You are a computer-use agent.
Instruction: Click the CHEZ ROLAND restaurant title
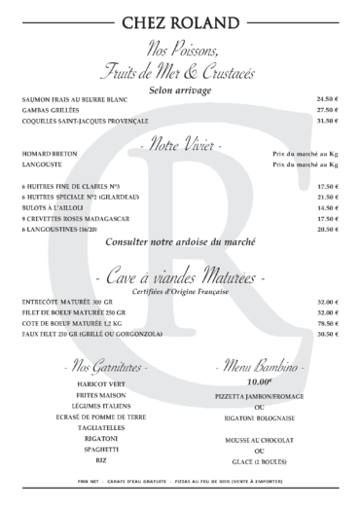(180, 21)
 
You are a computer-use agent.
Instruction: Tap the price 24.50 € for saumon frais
(327, 99)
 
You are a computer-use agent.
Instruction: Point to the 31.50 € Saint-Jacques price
(327, 121)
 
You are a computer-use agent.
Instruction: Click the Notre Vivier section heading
(180, 144)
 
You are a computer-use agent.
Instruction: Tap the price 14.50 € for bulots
(327, 207)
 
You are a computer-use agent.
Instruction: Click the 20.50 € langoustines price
(327, 229)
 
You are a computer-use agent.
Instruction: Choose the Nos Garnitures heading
(104, 369)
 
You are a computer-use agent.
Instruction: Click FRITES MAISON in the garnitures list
(104, 394)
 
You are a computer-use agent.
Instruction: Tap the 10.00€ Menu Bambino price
(260, 382)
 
